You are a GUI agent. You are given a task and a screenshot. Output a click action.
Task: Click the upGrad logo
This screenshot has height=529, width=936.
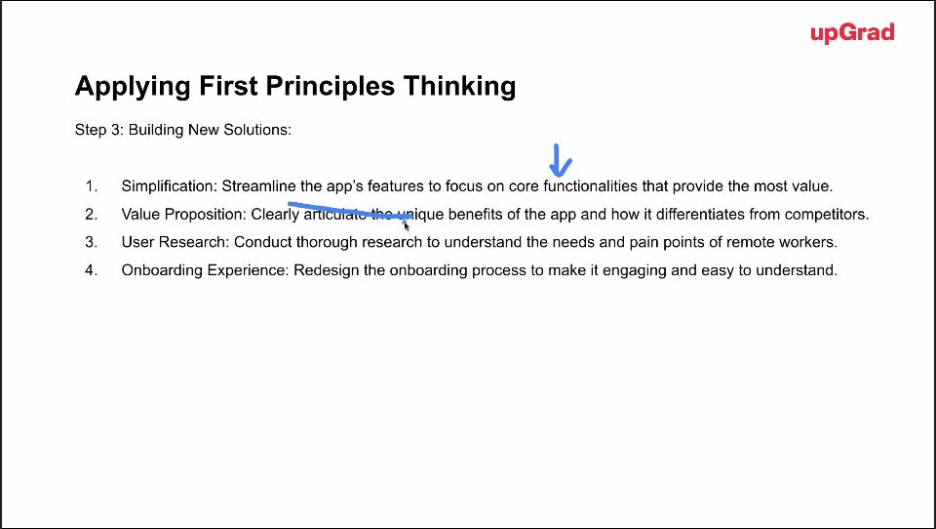[x=852, y=33]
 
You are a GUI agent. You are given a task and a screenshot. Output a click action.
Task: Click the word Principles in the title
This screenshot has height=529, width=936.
[x=331, y=86]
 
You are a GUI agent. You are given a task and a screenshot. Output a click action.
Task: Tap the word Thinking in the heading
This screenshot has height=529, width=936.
[x=459, y=86]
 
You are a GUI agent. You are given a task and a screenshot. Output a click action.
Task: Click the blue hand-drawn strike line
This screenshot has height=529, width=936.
[x=350, y=211]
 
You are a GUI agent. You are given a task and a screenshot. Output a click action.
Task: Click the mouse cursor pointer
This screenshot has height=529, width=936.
[x=406, y=225]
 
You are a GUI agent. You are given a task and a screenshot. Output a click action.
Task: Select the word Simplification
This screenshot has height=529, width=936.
[x=170, y=186]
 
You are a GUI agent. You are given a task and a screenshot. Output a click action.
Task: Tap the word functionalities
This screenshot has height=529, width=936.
[x=591, y=186]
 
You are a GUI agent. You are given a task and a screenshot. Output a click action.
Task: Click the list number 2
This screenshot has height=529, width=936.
[x=92, y=214]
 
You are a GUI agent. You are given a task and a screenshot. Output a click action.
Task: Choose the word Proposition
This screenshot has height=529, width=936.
[x=206, y=215]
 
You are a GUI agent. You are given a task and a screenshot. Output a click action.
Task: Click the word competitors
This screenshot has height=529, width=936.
[x=827, y=214]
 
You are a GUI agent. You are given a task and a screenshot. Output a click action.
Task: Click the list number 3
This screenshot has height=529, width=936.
[x=92, y=242]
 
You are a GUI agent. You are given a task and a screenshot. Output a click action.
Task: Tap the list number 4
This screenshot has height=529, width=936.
[x=92, y=270]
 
